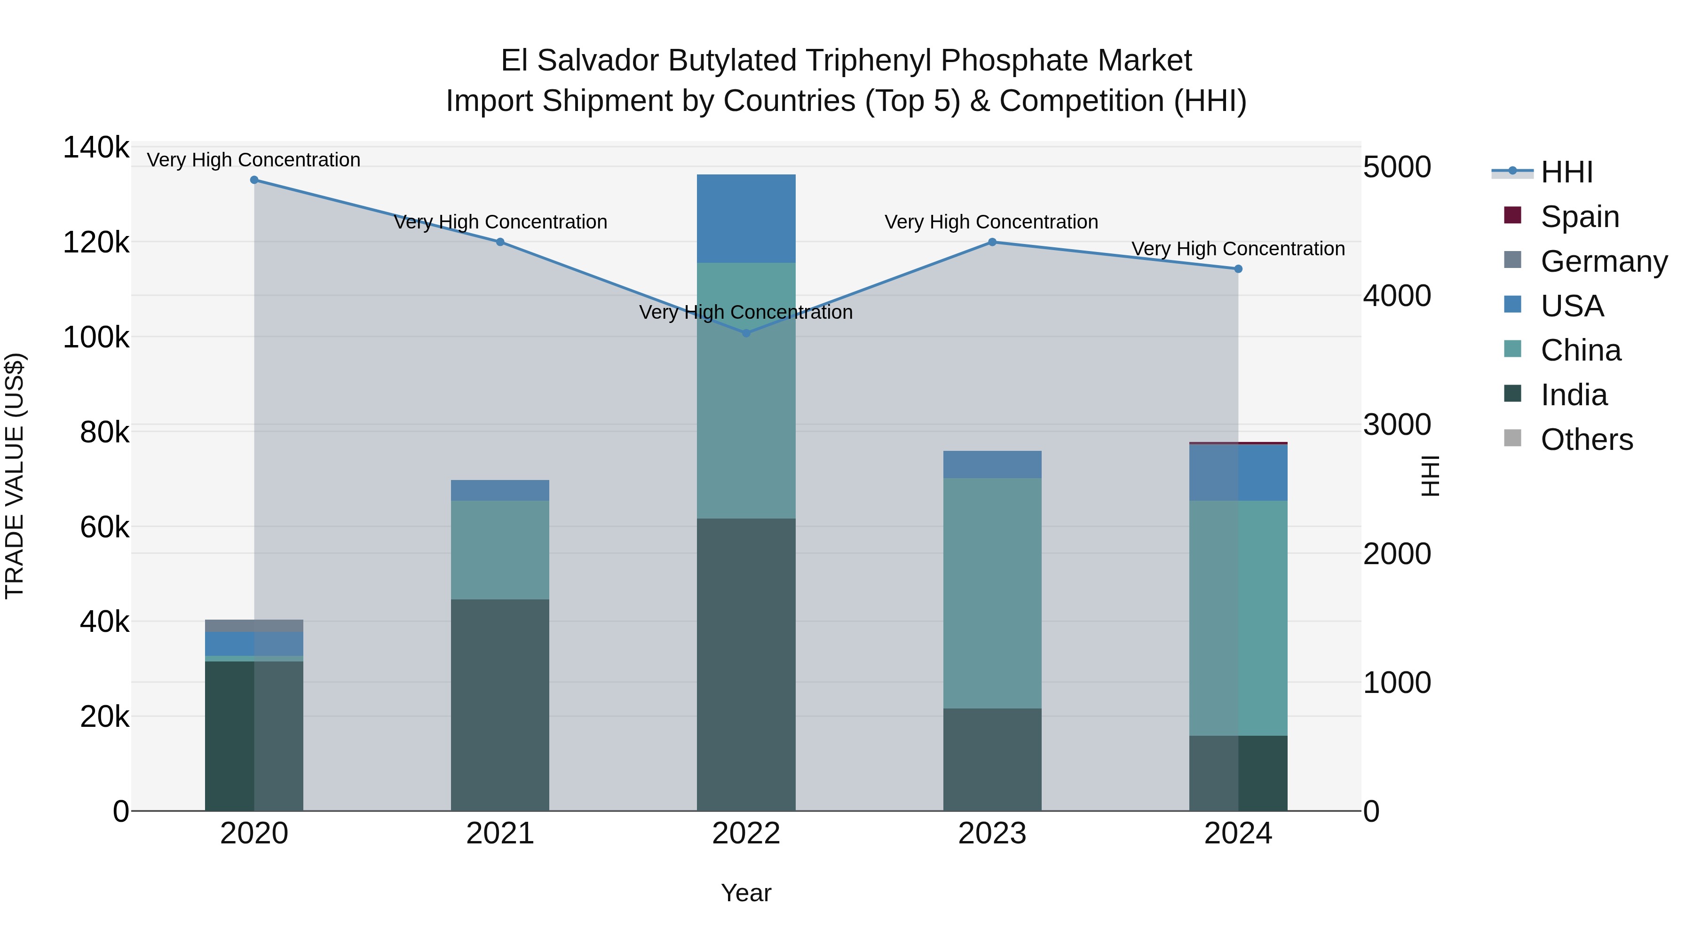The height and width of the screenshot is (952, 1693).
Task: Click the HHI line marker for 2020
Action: pyautogui.click(x=254, y=180)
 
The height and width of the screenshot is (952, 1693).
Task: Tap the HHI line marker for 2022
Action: pyautogui.click(x=746, y=333)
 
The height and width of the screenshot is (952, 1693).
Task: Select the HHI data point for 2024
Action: pyautogui.click(x=1238, y=269)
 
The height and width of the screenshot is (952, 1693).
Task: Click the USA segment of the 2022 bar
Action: pyautogui.click(x=746, y=219)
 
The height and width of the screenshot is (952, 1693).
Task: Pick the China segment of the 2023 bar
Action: pyautogui.click(x=992, y=593)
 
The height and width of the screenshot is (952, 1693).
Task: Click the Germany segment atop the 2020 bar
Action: pyautogui.click(x=254, y=625)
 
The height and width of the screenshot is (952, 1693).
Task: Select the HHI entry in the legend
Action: pyautogui.click(x=1566, y=172)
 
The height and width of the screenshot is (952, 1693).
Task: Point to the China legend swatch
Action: pyautogui.click(x=1513, y=349)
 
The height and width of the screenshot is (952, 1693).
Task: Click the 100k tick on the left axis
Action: pyautogui.click(x=96, y=338)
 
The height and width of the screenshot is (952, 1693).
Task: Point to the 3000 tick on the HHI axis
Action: pyautogui.click(x=1397, y=425)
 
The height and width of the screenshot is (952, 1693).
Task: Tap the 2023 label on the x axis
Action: pyautogui.click(x=992, y=834)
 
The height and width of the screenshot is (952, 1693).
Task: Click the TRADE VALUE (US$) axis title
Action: pyautogui.click(x=15, y=476)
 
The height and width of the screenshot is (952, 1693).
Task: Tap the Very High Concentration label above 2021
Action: pyautogui.click(x=500, y=222)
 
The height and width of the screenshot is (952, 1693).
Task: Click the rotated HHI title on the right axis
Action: pyautogui.click(x=1430, y=476)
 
